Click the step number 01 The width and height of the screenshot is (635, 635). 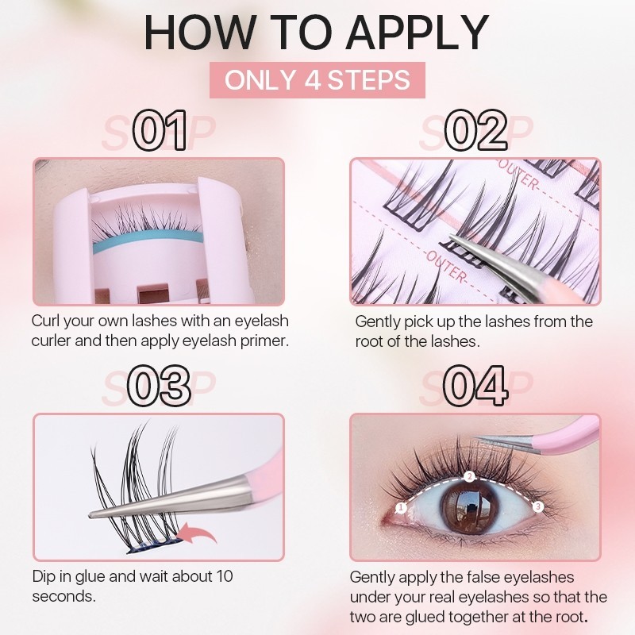pyautogui.click(x=160, y=130)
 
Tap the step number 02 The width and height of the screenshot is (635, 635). pyautogui.click(x=475, y=130)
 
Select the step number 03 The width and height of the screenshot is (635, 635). pyautogui.click(x=159, y=386)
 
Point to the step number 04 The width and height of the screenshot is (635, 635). pyautogui.click(x=475, y=386)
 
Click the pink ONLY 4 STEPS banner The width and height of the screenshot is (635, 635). pyautogui.click(x=317, y=80)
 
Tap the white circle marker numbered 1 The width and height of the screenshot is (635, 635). pyautogui.click(x=401, y=507)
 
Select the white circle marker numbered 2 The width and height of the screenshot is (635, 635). pyautogui.click(x=469, y=477)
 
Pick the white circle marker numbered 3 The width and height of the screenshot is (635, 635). pyautogui.click(x=538, y=506)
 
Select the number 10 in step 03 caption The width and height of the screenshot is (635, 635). pyautogui.click(x=225, y=576)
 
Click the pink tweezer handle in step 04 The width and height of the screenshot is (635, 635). pyautogui.click(x=567, y=435)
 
